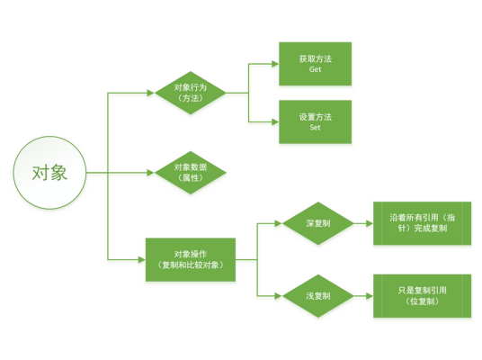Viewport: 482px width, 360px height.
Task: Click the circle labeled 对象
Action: (49, 171)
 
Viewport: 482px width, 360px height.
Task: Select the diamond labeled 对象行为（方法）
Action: (190, 92)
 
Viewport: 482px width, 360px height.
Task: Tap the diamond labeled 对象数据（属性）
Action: (190, 171)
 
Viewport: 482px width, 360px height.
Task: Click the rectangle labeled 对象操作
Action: (190, 260)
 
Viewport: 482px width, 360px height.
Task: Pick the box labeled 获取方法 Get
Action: (315, 63)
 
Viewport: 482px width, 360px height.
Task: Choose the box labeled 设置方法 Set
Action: (315, 121)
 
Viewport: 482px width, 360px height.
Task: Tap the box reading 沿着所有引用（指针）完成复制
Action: (423, 223)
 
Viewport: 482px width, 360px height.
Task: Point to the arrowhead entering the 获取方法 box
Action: (274, 63)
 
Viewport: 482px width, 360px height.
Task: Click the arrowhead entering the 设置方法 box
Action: (274, 121)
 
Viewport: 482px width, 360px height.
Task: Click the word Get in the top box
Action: (315, 69)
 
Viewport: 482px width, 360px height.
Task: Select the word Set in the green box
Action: (315, 128)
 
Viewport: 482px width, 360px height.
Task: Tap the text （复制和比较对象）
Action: (190, 265)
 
